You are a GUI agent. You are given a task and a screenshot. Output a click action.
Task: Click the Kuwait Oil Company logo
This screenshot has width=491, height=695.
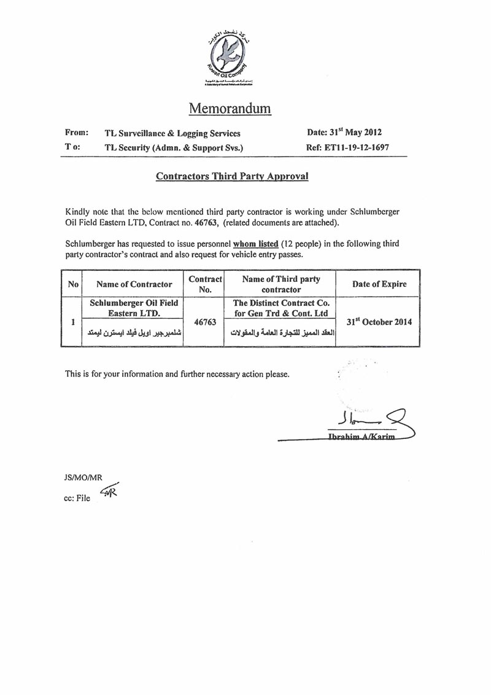[229, 55]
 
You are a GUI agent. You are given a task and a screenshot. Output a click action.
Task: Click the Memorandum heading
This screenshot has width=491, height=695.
[230, 109]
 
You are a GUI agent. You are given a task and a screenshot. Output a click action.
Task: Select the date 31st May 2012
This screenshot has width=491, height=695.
[344, 132]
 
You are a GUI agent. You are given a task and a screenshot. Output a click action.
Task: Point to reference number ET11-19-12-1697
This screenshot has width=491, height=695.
[347, 147]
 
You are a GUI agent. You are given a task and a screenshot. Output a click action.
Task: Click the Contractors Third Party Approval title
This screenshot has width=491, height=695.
[232, 176]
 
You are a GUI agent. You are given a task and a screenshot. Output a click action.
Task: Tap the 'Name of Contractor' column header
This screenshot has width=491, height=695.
[134, 284]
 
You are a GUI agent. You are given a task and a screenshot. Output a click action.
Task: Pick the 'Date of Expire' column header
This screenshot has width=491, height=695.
[379, 284]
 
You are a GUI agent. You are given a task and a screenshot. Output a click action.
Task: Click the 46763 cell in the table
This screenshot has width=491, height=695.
[204, 322]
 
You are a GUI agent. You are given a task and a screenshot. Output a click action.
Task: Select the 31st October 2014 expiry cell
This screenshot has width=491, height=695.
[379, 322]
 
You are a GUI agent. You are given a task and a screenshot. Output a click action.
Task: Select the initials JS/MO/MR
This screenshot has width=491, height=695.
[83, 476]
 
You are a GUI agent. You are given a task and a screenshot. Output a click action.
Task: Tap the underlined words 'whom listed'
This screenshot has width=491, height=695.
[256, 244]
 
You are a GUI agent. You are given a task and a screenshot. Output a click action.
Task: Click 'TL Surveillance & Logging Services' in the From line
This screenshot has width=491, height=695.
[172, 133]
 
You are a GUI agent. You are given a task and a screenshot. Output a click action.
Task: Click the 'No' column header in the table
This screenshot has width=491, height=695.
[73, 284]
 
